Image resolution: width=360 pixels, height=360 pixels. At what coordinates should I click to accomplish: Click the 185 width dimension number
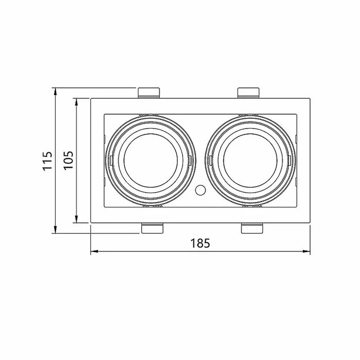point(200,243)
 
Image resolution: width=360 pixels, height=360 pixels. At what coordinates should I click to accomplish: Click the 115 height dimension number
point(47,160)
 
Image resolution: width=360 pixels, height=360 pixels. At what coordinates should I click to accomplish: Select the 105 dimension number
point(68,160)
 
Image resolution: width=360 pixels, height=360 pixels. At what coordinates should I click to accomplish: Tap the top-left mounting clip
point(149,93)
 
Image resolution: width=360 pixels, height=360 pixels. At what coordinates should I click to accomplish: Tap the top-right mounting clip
point(248,93)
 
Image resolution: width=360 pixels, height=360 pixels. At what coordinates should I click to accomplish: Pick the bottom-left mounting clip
point(152,228)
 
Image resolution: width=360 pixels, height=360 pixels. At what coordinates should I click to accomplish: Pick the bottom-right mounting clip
point(251,228)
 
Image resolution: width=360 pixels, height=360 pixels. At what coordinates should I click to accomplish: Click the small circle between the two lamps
point(200,190)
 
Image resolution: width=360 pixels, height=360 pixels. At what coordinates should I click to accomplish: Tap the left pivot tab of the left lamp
point(110,160)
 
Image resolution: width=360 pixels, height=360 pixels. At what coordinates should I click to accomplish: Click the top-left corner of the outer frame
point(91,98)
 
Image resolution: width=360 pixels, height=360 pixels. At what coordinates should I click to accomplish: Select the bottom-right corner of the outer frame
point(311,223)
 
